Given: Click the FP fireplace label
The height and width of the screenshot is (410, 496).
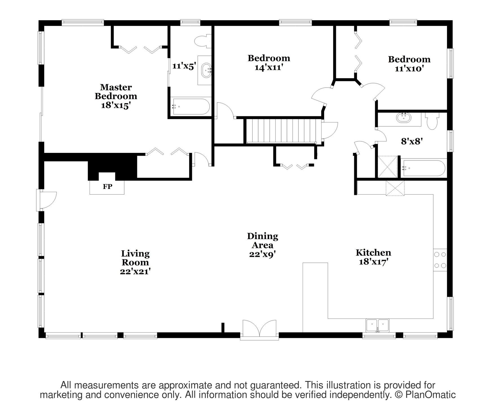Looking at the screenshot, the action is tap(107, 186).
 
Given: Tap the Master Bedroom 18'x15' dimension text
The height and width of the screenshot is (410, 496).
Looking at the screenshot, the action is tap(116, 105).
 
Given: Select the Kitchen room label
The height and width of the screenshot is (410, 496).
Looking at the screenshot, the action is tap(373, 253).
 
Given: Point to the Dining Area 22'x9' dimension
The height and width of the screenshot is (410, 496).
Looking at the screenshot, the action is tap(262, 254).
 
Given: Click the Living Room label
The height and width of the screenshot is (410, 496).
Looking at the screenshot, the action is tap(135, 258).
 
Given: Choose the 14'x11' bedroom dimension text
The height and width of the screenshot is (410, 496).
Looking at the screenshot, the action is tap(269, 68).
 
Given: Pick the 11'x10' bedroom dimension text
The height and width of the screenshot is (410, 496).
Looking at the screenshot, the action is tap(409, 68).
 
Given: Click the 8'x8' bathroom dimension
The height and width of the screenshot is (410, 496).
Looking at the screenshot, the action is tap(411, 141).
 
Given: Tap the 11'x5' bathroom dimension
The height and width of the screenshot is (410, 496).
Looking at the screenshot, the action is tap(184, 66).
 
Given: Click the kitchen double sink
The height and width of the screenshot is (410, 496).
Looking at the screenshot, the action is tap(377, 326).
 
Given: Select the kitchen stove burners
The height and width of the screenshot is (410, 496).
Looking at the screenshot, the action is tap(440, 260).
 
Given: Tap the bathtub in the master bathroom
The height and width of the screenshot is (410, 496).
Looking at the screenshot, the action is tap(191, 106).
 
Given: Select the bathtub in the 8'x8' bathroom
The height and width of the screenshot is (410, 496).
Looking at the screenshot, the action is tap(424, 168).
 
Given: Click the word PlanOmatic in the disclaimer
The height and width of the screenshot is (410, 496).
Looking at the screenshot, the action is tap(430, 395).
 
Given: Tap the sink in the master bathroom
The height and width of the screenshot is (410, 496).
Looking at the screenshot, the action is tap(207, 70).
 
